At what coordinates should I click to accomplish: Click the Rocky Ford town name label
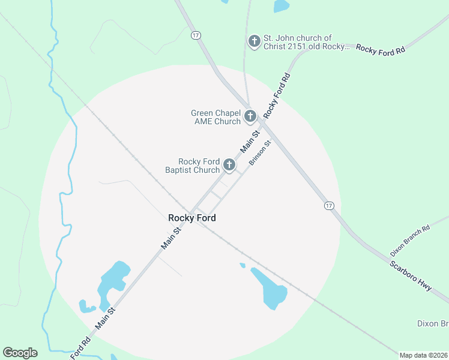click(x=192, y=218)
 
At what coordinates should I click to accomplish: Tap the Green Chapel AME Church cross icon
click(x=250, y=116)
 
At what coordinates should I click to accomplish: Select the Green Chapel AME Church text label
click(x=215, y=117)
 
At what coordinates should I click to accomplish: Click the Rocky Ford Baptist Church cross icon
click(x=229, y=165)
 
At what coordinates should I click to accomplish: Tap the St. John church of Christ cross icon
click(x=254, y=41)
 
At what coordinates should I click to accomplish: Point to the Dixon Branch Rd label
click(x=410, y=238)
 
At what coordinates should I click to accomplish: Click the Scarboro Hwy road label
click(x=411, y=276)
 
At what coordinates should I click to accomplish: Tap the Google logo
click(x=20, y=353)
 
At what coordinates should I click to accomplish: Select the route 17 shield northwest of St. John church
click(x=196, y=35)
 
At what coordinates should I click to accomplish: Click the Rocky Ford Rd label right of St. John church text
click(x=381, y=50)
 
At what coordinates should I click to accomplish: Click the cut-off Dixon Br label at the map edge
click(x=433, y=323)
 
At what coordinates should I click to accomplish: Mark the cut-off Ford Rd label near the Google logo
click(x=80, y=347)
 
